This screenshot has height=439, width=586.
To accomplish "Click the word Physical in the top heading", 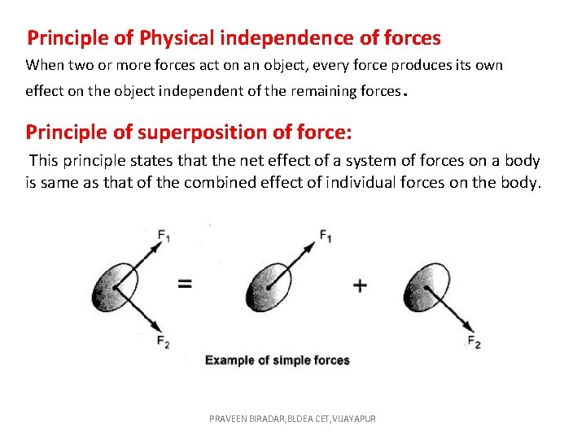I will click(179, 38).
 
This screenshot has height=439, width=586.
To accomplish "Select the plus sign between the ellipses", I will click(360, 285).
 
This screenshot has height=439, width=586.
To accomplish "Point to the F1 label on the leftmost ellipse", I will click(164, 237).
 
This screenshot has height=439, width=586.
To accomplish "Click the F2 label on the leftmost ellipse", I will click(164, 341).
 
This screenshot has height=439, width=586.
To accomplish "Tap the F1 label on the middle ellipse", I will click(326, 237).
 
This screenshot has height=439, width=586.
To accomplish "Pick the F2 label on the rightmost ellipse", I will click(474, 342).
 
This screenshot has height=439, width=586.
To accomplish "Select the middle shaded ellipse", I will click(267, 287).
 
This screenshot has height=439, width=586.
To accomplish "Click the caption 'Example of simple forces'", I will click(277, 360).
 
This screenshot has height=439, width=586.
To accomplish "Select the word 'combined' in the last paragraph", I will click(231, 183).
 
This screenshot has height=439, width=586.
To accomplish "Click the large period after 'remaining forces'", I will click(405, 94).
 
